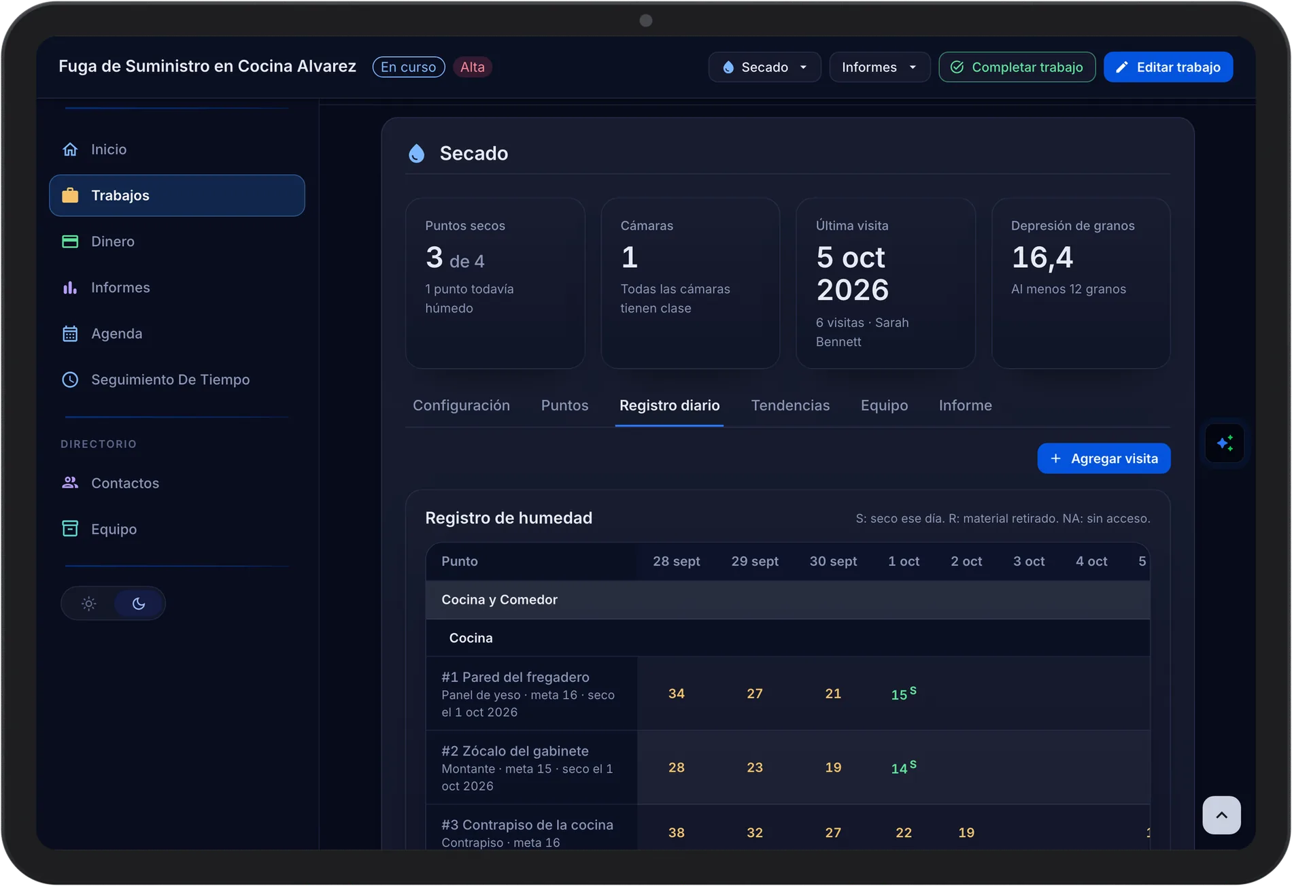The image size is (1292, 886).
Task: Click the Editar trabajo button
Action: [x=1168, y=67]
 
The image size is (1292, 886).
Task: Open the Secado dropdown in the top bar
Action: [x=764, y=67]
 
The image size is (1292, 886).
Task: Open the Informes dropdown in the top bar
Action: [x=879, y=67]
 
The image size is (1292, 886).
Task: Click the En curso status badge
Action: [x=409, y=67]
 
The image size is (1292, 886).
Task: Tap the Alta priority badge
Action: [x=473, y=67]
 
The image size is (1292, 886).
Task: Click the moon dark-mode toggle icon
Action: [x=139, y=603]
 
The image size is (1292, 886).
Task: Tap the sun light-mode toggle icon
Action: [x=88, y=603]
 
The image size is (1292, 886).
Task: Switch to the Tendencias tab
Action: [x=790, y=405]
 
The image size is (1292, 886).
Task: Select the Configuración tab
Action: [x=461, y=405]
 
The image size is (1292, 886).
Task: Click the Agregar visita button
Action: [x=1104, y=458]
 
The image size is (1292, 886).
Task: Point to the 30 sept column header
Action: [x=833, y=561]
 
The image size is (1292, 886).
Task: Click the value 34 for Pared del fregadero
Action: [x=677, y=694]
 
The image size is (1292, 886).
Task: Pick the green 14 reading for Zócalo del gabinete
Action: [x=900, y=768]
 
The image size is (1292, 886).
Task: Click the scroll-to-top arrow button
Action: [x=1221, y=815]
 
